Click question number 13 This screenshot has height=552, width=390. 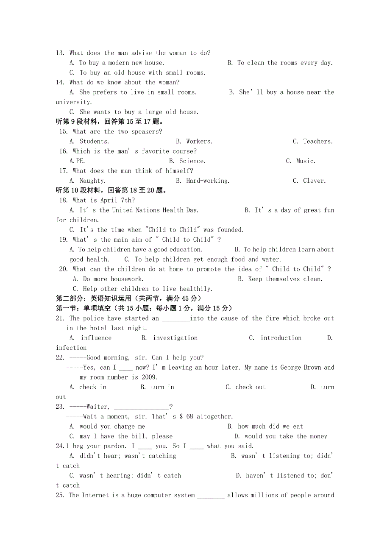60,53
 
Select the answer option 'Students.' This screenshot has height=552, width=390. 94,142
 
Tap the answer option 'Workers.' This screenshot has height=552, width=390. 199,142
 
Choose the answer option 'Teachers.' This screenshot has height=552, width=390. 318,142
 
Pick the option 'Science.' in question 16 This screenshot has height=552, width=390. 192,161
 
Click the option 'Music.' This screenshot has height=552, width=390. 306,161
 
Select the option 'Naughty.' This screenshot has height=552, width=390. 92,181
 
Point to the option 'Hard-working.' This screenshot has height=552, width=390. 208,181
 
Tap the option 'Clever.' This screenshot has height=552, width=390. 315,181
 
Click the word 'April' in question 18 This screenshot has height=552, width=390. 109,201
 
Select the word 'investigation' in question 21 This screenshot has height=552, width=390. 175,338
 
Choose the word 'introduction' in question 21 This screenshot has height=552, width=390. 281,338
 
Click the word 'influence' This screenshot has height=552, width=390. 96,338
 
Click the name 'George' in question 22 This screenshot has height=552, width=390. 292,368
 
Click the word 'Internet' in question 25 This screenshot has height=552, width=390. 95,495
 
